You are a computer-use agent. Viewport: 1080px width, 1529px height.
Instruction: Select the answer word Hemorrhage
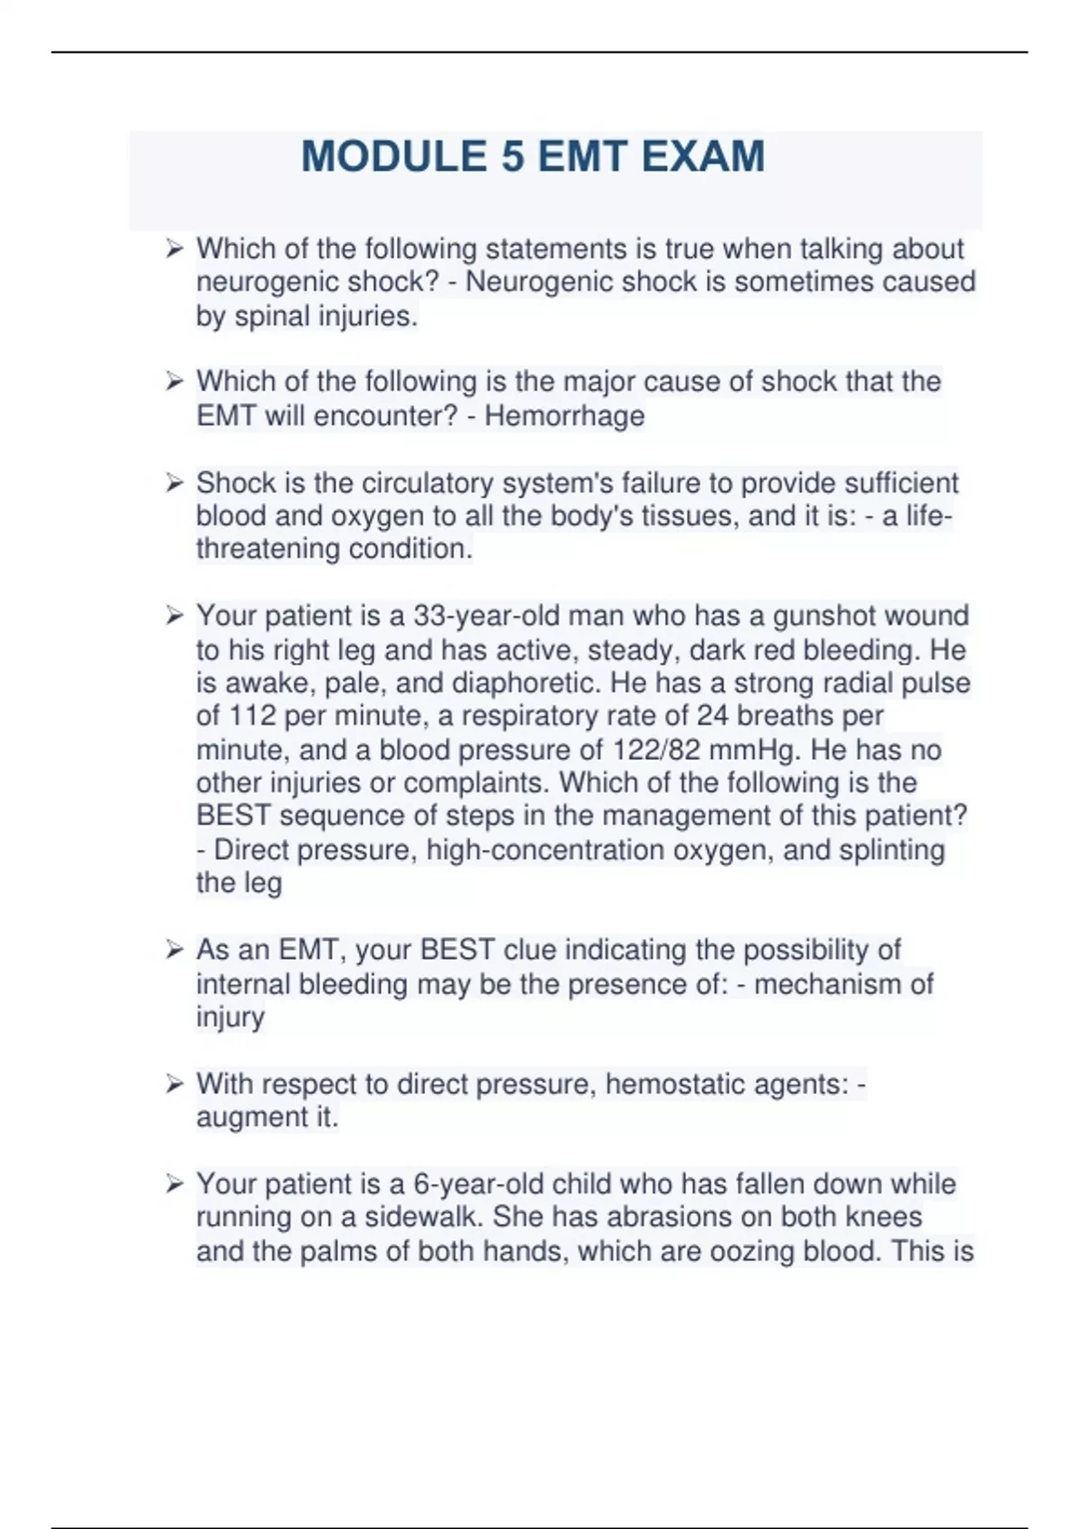[x=564, y=416]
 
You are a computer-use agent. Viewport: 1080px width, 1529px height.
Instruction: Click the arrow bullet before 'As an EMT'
[x=174, y=950]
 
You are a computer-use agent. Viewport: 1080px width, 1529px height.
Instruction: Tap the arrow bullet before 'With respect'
[x=174, y=1085]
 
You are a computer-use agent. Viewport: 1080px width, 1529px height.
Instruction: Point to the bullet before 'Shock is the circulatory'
[x=174, y=483]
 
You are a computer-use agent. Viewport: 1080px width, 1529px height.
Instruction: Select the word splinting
[x=891, y=851]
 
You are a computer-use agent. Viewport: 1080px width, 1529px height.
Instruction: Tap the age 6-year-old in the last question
[x=478, y=1185]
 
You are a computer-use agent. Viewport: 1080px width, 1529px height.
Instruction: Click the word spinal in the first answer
[x=273, y=317]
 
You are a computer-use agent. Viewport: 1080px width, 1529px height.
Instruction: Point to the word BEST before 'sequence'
[x=233, y=817]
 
